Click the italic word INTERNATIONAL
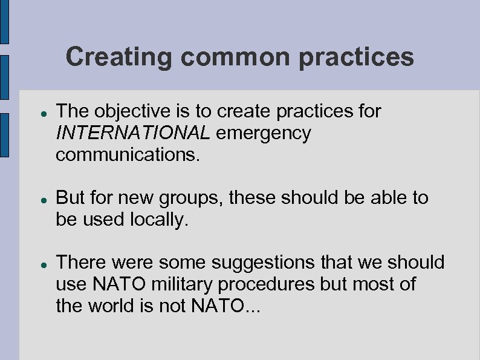point(133,133)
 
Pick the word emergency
point(263,133)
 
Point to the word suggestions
point(262,263)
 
